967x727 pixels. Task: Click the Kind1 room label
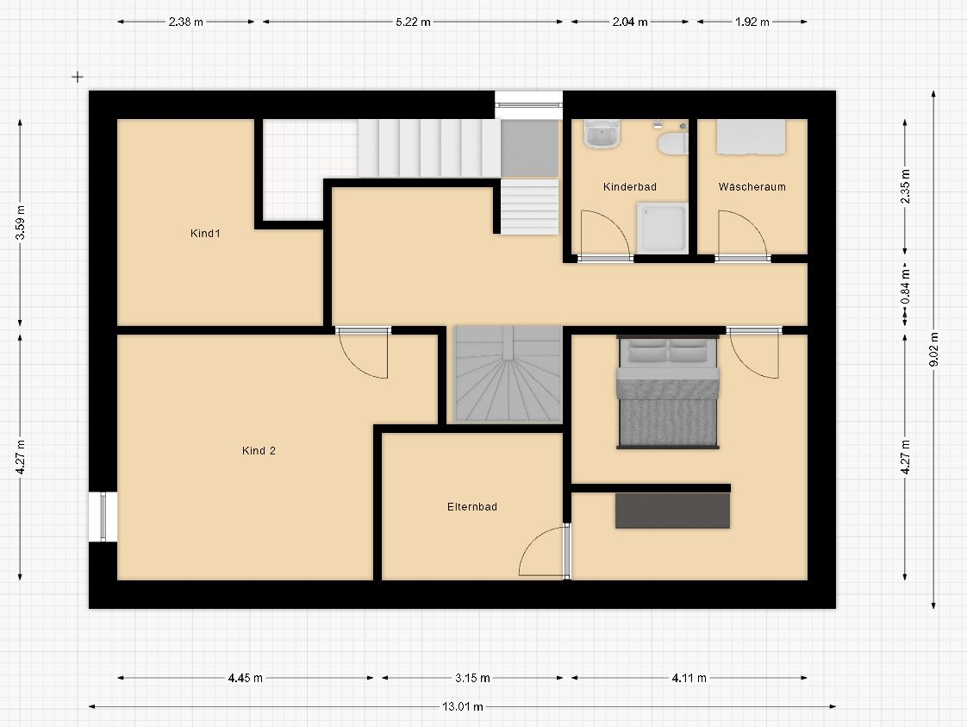tap(205, 234)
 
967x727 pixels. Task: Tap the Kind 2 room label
tap(259, 450)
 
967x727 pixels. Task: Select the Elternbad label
tap(471, 507)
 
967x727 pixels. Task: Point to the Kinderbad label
tap(630, 186)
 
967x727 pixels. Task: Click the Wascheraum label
tap(752, 186)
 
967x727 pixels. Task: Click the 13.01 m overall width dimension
tap(463, 706)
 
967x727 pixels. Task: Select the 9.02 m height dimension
tap(933, 349)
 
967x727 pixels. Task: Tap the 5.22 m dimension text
tap(413, 22)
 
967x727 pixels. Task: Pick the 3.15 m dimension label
tap(472, 678)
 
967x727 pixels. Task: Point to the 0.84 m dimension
tap(905, 287)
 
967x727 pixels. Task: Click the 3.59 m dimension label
tap(21, 222)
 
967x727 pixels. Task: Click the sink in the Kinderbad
tap(602, 134)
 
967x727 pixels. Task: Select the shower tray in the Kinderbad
tap(663, 229)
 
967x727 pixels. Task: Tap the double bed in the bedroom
tap(668, 392)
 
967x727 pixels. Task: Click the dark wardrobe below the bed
tap(672, 511)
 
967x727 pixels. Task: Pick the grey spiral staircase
tap(508, 374)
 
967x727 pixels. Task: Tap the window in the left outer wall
tap(103, 517)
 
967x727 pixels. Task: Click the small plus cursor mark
tap(77, 77)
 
